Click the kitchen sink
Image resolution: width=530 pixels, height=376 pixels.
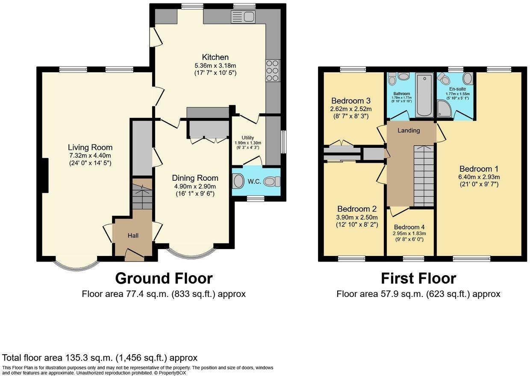[x=243, y=17]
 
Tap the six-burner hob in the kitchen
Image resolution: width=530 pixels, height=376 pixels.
[x=273, y=70]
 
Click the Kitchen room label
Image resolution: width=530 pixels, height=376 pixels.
[x=215, y=57]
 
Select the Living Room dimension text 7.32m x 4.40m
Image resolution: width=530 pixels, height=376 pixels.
[x=90, y=156]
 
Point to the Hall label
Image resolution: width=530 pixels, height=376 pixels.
[x=133, y=235]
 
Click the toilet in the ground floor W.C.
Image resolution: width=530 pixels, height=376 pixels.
[x=272, y=182]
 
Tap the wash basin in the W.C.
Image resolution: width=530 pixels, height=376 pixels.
[x=238, y=182]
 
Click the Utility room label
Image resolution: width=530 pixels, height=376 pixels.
[x=248, y=138]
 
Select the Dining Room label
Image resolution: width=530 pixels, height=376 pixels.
[x=195, y=178]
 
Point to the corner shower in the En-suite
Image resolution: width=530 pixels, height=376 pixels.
[x=445, y=109]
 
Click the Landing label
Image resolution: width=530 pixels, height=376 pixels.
[x=409, y=130]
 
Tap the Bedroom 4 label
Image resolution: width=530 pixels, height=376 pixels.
[x=409, y=227]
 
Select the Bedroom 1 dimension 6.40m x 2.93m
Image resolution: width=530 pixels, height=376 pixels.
[x=479, y=177]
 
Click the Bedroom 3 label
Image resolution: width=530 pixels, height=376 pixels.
[x=350, y=101]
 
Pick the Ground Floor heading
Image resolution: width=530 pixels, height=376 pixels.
[x=164, y=278]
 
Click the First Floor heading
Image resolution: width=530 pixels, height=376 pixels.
[x=418, y=278]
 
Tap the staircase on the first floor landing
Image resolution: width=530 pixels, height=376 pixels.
[x=424, y=176]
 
